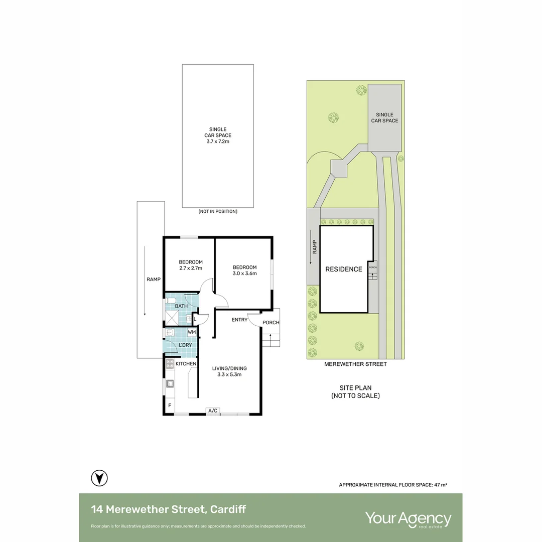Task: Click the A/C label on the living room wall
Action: click(213, 411)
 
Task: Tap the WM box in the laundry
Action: click(192, 332)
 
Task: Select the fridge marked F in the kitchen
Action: click(170, 405)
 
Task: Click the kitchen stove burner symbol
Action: click(170, 364)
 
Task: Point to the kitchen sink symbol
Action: click(170, 383)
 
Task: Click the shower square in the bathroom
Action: click(172, 318)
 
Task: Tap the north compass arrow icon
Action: click(99, 478)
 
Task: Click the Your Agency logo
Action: click(408, 519)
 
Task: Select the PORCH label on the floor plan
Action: click(271, 323)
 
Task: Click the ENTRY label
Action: click(239, 320)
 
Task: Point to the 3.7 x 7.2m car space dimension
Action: click(218, 142)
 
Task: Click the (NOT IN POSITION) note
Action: click(218, 211)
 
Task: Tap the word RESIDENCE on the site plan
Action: click(344, 269)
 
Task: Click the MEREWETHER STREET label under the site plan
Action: click(355, 364)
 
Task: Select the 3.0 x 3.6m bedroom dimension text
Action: click(245, 274)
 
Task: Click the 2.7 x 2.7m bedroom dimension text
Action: click(191, 268)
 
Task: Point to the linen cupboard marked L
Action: click(195, 319)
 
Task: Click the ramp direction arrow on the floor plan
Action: click(145, 281)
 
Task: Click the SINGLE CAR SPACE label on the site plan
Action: click(385, 117)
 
